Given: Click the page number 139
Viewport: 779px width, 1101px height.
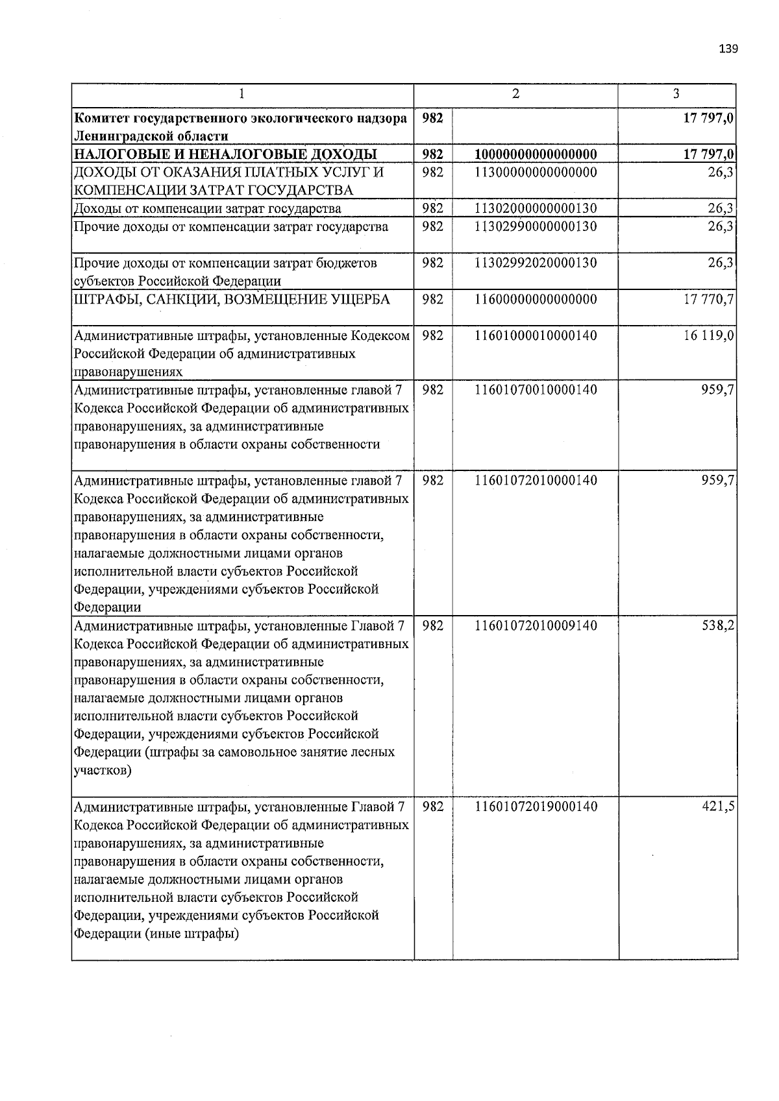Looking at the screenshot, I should tap(728, 49).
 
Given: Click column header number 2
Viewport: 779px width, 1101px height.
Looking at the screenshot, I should tap(515, 94).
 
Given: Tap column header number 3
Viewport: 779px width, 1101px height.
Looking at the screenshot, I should tap(676, 94).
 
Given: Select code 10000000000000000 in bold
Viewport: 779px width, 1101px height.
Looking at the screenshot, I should tap(536, 154).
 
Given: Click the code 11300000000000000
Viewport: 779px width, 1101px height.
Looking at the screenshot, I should tap(536, 173).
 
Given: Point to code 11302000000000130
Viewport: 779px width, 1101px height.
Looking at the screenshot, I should tap(536, 209).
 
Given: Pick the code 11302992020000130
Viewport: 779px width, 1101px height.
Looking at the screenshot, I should tap(536, 263).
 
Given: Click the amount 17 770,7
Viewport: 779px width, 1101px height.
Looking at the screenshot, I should tap(709, 300).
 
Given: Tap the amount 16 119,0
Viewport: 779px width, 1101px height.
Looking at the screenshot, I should tap(709, 336).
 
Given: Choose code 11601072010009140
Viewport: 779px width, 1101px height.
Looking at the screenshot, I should tap(536, 626).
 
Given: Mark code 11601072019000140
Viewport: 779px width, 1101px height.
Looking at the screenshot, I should tap(536, 807).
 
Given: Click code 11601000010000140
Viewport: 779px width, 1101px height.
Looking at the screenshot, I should tap(536, 336).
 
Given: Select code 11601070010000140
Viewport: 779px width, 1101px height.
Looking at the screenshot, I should tap(536, 391).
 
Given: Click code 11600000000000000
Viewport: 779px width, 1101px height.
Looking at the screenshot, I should tap(536, 300).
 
